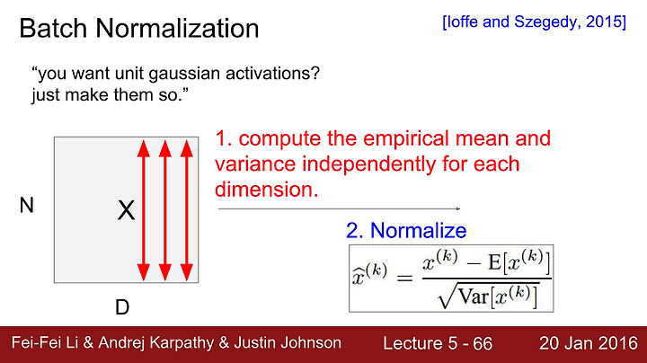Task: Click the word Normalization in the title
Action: tap(177, 28)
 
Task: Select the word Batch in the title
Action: tap(53, 28)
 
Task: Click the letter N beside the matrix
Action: tap(27, 205)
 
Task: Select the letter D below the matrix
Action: tap(122, 307)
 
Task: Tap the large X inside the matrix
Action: tap(127, 210)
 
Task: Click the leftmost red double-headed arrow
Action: tap(144, 210)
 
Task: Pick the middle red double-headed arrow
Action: tap(165, 210)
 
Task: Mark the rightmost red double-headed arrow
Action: tap(187, 210)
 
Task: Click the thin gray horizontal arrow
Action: tap(339, 208)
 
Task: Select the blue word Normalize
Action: tap(419, 230)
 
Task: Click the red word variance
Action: tap(255, 164)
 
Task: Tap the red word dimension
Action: tap(267, 190)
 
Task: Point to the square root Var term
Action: tap(488, 296)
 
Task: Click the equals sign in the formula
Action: tap(404, 278)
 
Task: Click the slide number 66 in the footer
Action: tap(483, 343)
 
